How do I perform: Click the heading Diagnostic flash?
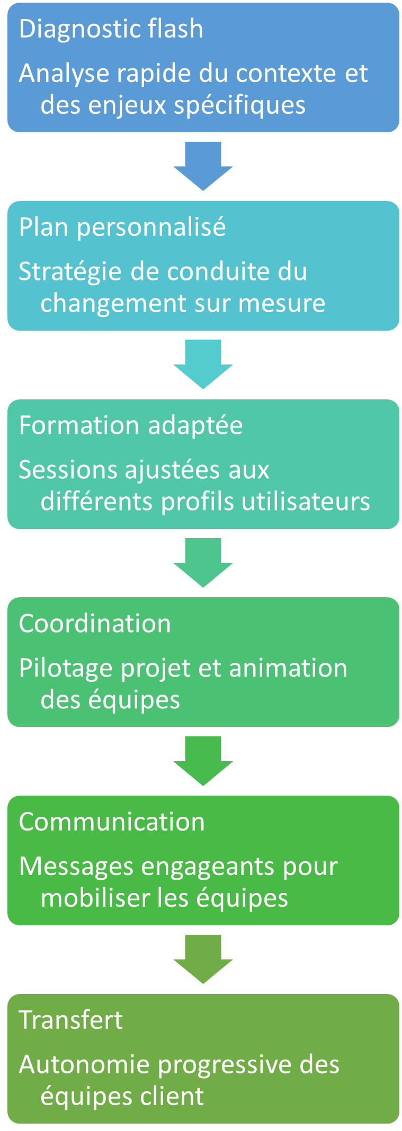(x=111, y=29)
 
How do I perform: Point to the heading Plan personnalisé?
(x=122, y=227)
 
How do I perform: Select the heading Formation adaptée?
(x=131, y=425)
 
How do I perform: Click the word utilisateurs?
(x=306, y=501)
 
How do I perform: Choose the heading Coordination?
(x=95, y=624)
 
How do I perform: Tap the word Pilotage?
(x=66, y=668)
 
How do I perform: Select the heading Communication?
(x=112, y=822)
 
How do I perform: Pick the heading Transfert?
(x=70, y=1020)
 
